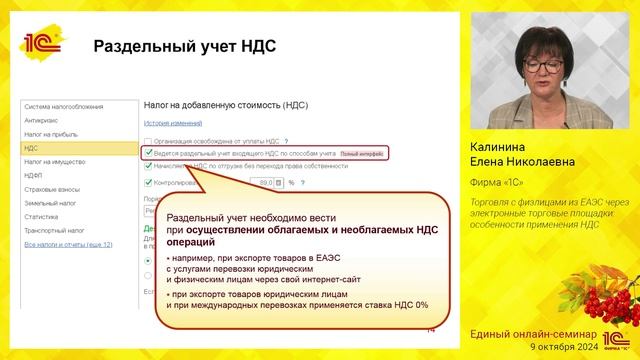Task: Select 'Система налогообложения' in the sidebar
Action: click(x=65, y=105)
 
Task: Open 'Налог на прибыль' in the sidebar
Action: click(x=52, y=133)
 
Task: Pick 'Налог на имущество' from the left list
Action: click(x=56, y=161)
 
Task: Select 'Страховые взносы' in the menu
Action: click(x=54, y=189)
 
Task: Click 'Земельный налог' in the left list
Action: click(x=53, y=203)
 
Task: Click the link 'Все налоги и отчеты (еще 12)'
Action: click(x=68, y=244)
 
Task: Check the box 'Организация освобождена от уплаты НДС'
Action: click(x=149, y=142)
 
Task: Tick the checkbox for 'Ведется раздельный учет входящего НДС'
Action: click(x=149, y=154)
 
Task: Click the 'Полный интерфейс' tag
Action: click(x=361, y=154)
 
